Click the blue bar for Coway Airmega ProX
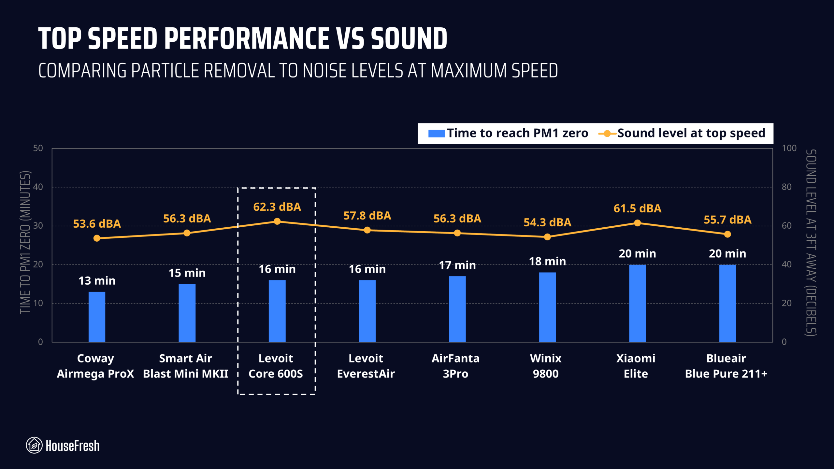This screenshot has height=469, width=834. (x=97, y=317)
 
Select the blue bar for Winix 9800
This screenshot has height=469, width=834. (x=547, y=307)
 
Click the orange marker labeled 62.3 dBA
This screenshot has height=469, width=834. (x=277, y=221)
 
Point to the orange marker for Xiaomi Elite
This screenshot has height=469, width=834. (x=638, y=223)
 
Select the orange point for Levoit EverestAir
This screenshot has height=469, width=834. (x=367, y=230)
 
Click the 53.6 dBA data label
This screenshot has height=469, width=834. (x=97, y=224)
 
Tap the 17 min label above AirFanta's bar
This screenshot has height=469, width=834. (x=457, y=265)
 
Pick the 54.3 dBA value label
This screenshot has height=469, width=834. (x=547, y=222)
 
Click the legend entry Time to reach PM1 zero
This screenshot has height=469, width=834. (x=508, y=133)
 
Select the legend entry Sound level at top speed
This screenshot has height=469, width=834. (x=683, y=133)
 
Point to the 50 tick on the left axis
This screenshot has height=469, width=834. (x=38, y=148)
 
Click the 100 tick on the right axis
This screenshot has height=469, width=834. (x=789, y=148)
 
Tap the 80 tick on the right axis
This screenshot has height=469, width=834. (x=786, y=187)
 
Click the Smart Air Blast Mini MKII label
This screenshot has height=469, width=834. (x=186, y=366)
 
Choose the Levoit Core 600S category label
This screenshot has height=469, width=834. (x=276, y=366)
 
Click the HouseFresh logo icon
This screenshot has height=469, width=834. (x=34, y=445)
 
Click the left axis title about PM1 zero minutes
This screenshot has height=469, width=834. (x=25, y=242)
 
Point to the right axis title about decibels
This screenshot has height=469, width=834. (x=811, y=242)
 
